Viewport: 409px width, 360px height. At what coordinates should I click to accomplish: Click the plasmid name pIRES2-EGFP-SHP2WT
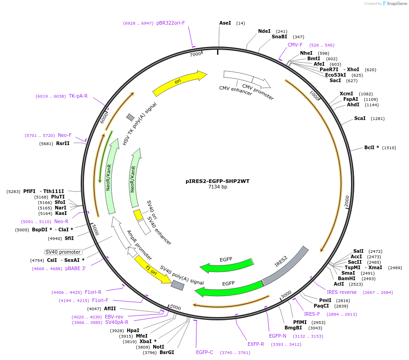pyautogui.click(x=217, y=181)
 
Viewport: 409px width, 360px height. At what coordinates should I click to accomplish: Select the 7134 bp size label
pyautogui.click(x=217, y=187)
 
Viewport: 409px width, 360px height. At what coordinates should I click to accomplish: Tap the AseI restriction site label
pyautogui.click(x=225, y=23)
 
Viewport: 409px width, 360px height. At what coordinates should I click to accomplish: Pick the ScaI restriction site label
pyautogui.click(x=360, y=119)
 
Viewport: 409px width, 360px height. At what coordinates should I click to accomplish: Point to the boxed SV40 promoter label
pyautogui.click(x=63, y=252)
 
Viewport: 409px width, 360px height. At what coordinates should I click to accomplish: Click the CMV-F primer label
pyautogui.click(x=295, y=45)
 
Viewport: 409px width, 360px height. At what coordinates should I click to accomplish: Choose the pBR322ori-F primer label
pyautogui.click(x=171, y=23)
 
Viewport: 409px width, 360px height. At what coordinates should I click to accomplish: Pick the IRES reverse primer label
pyautogui.click(x=342, y=292)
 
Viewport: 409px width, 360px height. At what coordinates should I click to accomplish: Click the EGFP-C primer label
pyautogui.click(x=205, y=352)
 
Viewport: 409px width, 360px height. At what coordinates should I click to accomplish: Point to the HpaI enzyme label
pyautogui.click(x=133, y=330)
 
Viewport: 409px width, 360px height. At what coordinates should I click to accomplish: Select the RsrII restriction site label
pyautogui.click(x=63, y=144)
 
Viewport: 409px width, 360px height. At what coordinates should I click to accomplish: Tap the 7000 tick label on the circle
pyautogui.click(x=195, y=54)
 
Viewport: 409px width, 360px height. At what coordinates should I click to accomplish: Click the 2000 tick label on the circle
pyautogui.click(x=347, y=200)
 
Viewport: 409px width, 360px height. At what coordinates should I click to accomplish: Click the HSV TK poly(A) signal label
pyautogui.click(x=140, y=124)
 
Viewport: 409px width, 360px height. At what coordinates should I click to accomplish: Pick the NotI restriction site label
pyautogui.click(x=158, y=347)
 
